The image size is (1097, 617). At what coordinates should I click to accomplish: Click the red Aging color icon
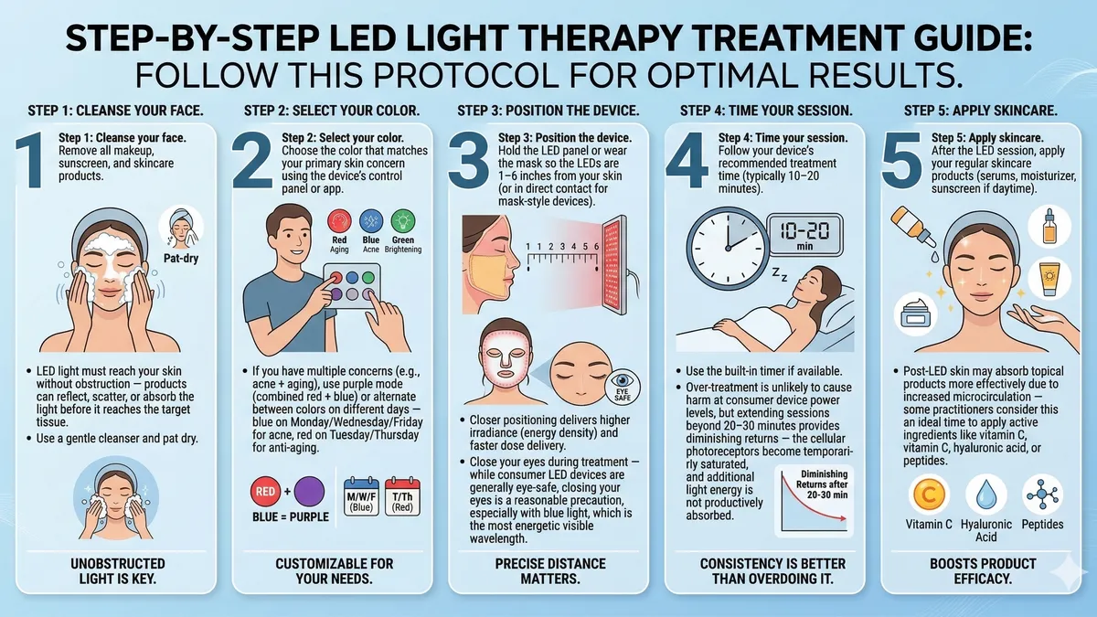tap(339, 221)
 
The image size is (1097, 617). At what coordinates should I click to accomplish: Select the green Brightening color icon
tap(403, 221)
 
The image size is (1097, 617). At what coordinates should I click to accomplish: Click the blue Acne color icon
tap(371, 221)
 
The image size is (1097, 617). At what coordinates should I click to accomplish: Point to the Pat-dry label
tap(181, 258)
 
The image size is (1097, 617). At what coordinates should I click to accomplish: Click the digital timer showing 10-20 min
tap(804, 235)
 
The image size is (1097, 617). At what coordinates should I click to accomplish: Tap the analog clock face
tap(728, 249)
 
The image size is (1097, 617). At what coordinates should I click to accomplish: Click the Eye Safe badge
tap(623, 387)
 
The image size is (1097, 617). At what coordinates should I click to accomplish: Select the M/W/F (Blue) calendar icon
tap(361, 496)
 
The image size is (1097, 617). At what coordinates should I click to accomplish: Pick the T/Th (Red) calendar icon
tap(402, 496)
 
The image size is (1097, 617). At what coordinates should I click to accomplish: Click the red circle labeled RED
tap(265, 491)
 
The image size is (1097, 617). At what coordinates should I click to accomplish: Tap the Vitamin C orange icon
tap(928, 495)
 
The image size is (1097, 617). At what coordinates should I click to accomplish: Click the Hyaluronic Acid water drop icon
tap(985, 495)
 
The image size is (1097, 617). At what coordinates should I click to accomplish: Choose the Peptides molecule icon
tap(1043, 495)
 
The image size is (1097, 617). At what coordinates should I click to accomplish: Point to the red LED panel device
tap(614, 265)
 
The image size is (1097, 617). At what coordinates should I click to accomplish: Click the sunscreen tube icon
tap(1049, 278)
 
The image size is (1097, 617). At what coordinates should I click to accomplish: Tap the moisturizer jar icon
tap(915, 314)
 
